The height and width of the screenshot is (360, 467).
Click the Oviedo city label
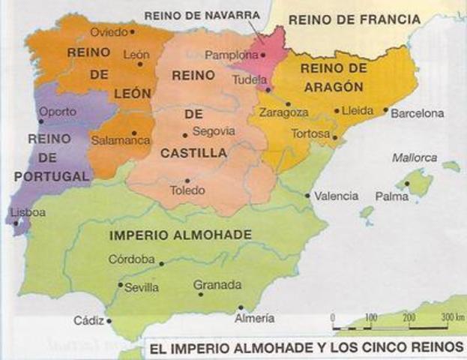[108, 32]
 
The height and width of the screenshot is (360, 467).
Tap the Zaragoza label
[283, 112]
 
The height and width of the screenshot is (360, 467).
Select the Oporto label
[58, 112]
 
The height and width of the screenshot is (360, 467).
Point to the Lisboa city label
[28, 212]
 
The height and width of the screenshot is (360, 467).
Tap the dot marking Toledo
[188, 180]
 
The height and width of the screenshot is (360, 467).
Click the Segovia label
[214, 131]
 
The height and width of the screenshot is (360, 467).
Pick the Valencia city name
[336, 196]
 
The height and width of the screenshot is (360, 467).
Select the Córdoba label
[133, 259]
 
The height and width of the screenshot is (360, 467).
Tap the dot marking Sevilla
[121, 285]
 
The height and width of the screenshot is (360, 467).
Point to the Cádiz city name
[89, 320]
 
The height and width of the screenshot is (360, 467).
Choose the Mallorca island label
[414, 157]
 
